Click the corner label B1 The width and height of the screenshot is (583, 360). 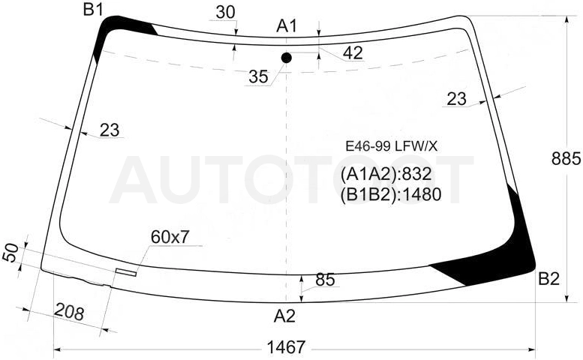(x=93, y=9)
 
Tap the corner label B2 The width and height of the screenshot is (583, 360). (x=548, y=279)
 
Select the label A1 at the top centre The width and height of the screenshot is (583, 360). (x=287, y=26)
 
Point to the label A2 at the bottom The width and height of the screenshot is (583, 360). (x=284, y=316)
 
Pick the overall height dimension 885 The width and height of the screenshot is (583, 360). (x=566, y=159)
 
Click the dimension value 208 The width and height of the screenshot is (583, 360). (x=69, y=312)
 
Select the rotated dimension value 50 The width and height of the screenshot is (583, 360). (x=11, y=253)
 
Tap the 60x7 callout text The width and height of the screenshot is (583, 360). (x=170, y=237)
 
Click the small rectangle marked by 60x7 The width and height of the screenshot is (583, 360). (x=125, y=272)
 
